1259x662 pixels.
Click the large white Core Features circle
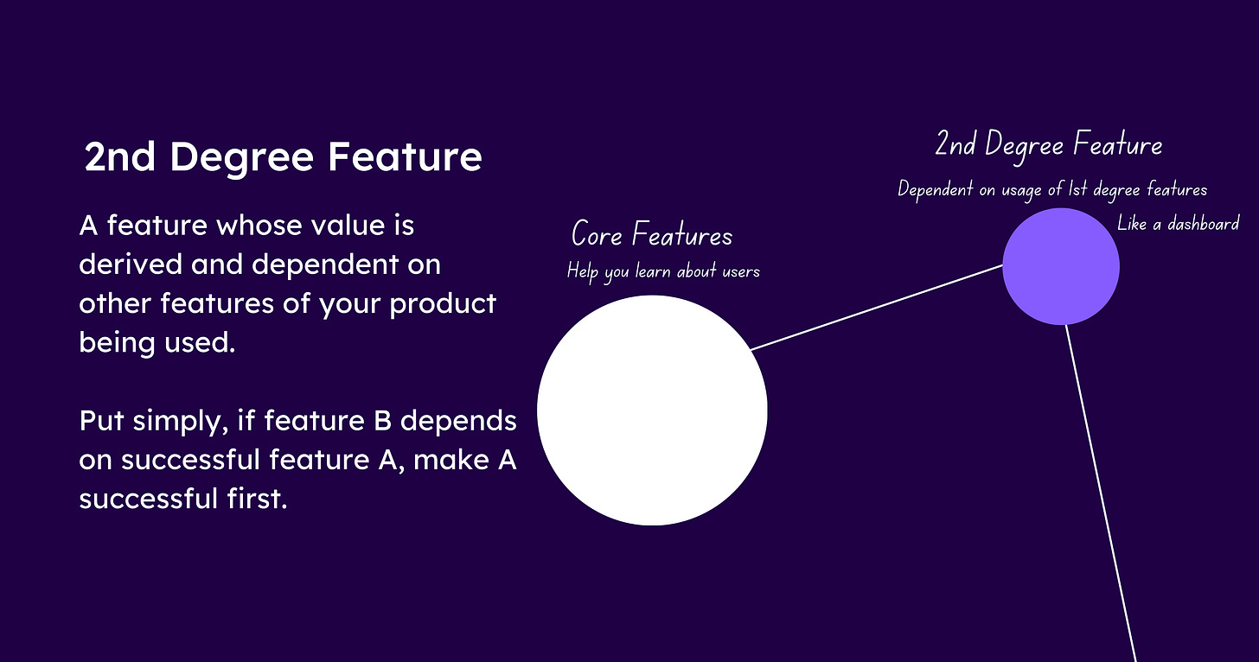point(652,411)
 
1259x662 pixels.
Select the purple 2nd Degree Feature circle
point(1061,266)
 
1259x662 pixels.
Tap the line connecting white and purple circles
point(877,308)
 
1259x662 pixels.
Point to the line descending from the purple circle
point(1101,493)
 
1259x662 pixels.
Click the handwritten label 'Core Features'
point(652,234)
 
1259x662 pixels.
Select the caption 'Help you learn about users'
point(663,272)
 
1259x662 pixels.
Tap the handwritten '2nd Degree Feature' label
point(1049,145)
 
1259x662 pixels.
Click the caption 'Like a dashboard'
point(1178,224)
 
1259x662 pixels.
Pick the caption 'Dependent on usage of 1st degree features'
point(1052,190)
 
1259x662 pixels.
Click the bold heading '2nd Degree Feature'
point(284,156)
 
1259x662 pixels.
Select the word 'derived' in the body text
point(131,264)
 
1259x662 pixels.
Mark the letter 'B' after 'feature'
point(382,421)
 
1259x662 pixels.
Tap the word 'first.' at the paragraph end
point(257,499)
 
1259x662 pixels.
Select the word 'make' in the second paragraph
point(451,460)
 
